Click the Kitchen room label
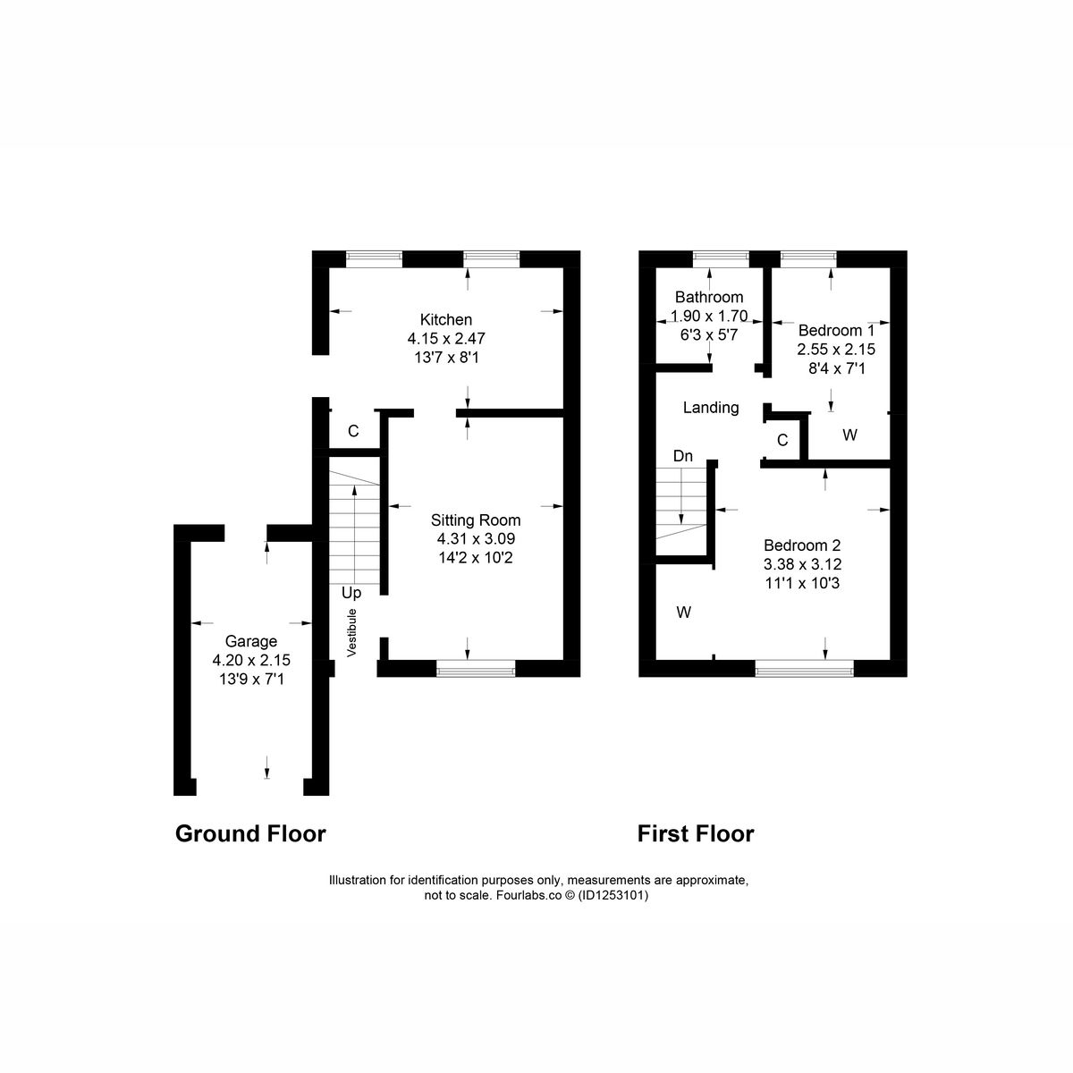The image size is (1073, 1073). click(445, 319)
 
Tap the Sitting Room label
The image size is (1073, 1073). click(476, 520)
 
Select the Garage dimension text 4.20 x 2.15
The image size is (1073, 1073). click(251, 661)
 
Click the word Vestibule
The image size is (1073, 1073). click(351, 632)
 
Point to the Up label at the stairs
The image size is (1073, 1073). click(351, 593)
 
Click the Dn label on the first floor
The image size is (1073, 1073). click(682, 456)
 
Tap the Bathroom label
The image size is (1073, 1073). click(709, 297)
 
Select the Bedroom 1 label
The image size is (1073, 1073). click(836, 330)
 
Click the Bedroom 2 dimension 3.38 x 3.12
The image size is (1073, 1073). click(802, 564)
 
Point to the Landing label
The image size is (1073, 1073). click(711, 408)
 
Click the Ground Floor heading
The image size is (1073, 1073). click(250, 833)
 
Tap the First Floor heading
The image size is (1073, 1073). click(696, 833)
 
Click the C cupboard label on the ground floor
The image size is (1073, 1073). click(353, 431)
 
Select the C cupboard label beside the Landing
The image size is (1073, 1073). click(782, 441)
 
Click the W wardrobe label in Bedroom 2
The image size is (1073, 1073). click(684, 613)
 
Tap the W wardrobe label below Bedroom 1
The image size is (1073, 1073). click(849, 435)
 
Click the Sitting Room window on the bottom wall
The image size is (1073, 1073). click(476, 668)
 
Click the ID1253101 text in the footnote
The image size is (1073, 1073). click(613, 895)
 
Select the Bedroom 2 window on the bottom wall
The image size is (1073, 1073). click(804, 668)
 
